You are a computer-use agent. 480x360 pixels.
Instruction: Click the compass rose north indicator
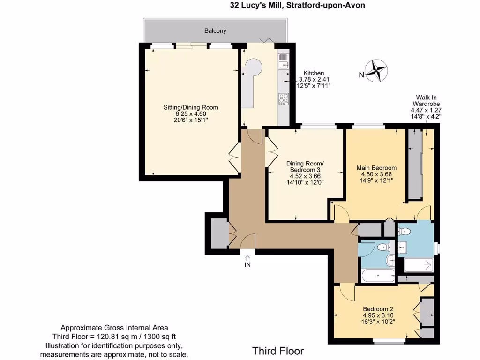tap(376, 71)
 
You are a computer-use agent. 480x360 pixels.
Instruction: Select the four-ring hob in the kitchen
tap(283, 98)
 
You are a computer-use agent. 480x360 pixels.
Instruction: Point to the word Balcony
tap(215, 31)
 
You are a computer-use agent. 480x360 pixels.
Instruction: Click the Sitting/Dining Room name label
tap(191, 107)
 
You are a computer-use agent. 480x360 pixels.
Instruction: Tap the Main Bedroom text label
tap(376, 168)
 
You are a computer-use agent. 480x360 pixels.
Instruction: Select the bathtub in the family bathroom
tap(378, 275)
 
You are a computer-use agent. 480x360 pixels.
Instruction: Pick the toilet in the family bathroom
tap(382, 247)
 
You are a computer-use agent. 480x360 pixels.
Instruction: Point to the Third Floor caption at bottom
tap(278, 351)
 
